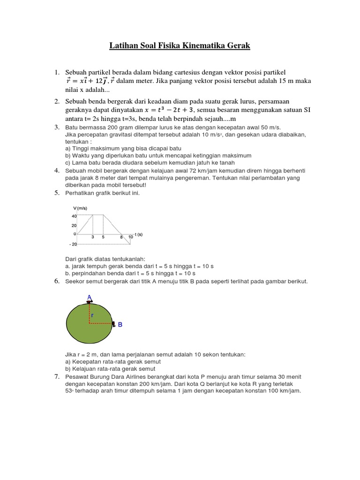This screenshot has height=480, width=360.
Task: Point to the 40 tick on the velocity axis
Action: tap(74, 216)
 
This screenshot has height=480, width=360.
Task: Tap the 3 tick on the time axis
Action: tap(92, 237)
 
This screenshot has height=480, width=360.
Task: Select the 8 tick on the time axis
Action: tap(121, 237)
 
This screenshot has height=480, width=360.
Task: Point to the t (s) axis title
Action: tap(139, 234)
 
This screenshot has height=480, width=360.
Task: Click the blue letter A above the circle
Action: tap(89, 297)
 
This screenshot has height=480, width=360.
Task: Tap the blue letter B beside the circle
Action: tap(120, 324)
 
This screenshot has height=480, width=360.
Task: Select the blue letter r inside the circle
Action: tap(92, 315)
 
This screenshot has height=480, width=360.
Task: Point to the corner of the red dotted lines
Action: tap(89, 323)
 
